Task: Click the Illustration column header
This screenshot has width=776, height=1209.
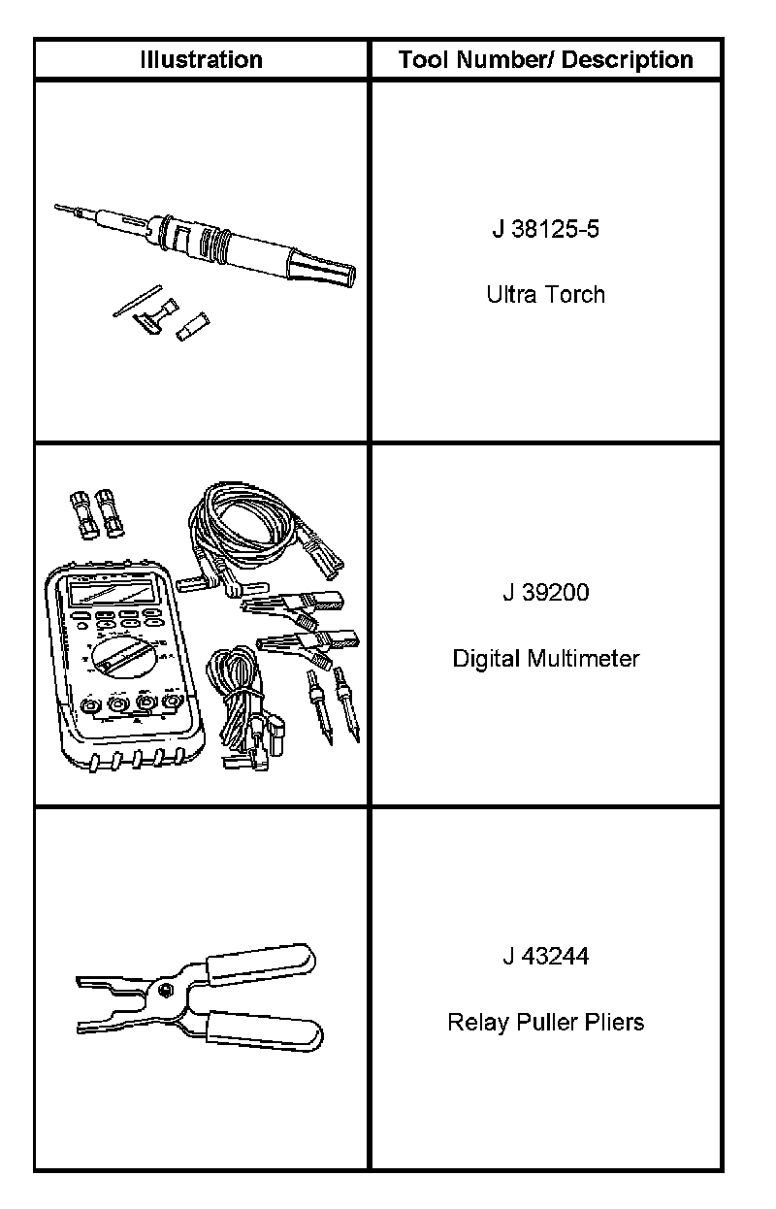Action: pyautogui.click(x=201, y=60)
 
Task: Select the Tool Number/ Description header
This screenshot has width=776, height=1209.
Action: pyautogui.click(x=546, y=60)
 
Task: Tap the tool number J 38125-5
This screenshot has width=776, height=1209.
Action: pyautogui.click(x=546, y=230)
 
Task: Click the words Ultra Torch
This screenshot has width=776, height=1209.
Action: pyautogui.click(x=546, y=294)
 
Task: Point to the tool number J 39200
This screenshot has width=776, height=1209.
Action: pyautogui.click(x=546, y=592)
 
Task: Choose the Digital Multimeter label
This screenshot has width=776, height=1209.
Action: pyautogui.click(x=546, y=659)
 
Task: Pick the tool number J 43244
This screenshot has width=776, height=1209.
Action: pyautogui.click(x=546, y=957)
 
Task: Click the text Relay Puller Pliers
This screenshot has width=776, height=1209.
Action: pyautogui.click(x=546, y=1022)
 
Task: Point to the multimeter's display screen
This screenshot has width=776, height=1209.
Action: pyautogui.click(x=112, y=593)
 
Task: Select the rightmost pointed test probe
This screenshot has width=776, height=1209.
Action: pyautogui.click(x=347, y=713)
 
